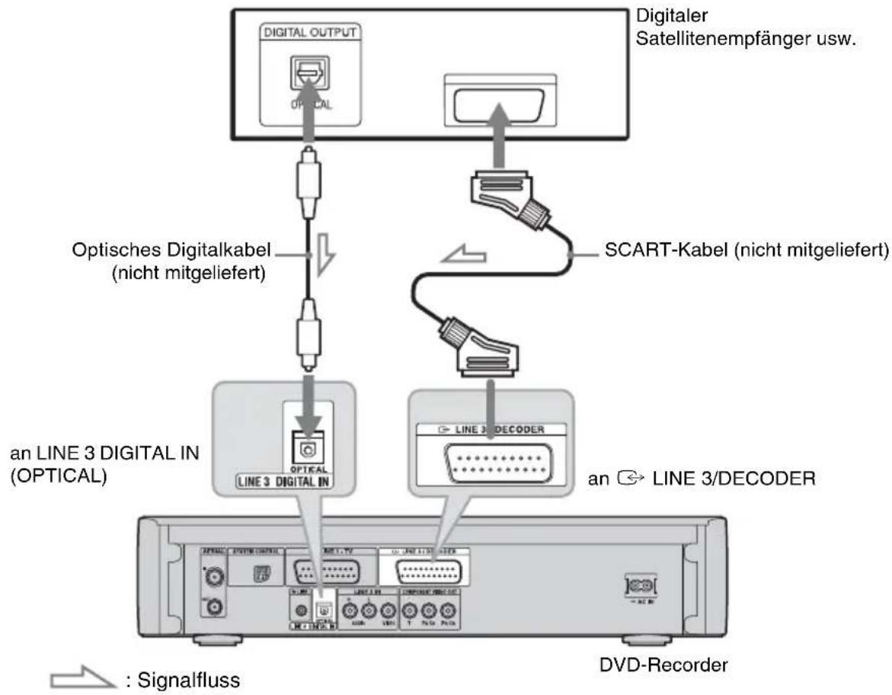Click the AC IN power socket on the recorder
point(638,587)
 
